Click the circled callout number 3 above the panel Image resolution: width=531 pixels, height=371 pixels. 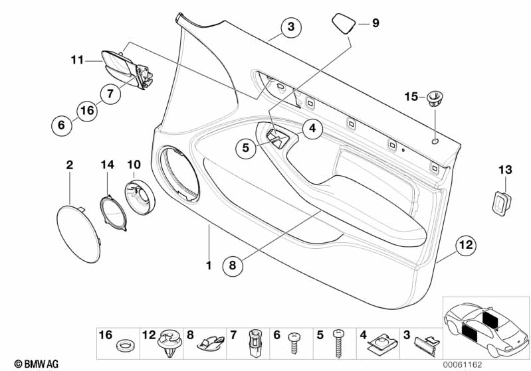290,27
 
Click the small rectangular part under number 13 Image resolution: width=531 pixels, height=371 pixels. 501,203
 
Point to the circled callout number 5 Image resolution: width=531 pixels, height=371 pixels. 246,149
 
